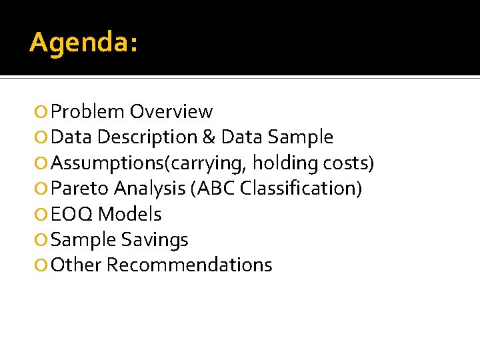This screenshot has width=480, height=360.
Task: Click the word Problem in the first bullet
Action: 88,112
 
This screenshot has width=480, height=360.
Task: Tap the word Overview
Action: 171,112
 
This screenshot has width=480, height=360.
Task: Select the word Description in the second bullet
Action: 147,137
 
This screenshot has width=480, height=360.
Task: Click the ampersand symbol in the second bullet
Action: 209,137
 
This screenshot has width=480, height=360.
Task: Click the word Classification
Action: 297,188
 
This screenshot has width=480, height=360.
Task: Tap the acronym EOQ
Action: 71,214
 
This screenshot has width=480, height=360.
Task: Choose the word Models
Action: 129,214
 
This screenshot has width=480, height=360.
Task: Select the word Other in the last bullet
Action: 76,265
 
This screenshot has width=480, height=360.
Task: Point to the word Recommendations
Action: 189,265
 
